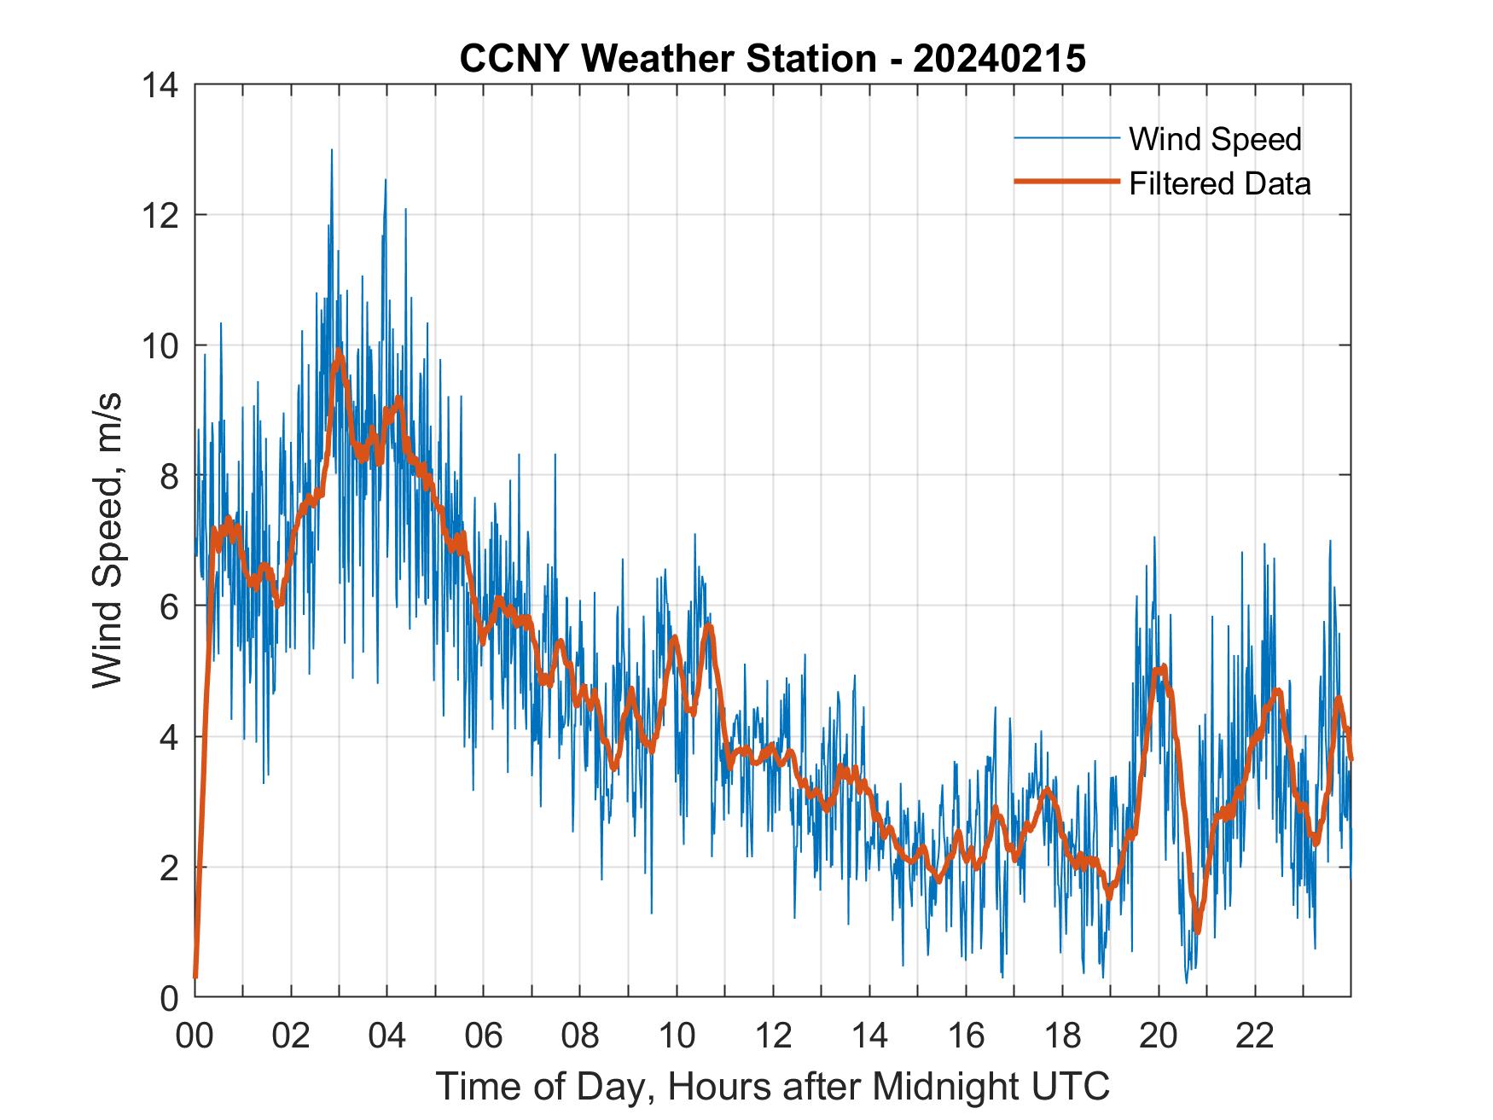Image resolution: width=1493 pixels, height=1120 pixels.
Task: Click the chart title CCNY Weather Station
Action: tap(772, 59)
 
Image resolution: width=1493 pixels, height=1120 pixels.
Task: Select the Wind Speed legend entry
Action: tap(1215, 139)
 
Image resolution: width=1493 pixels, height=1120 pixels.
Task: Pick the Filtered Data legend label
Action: tap(1219, 183)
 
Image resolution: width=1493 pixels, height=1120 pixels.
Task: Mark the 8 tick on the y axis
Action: tap(169, 476)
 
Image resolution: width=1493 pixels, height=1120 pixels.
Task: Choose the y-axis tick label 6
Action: tap(169, 606)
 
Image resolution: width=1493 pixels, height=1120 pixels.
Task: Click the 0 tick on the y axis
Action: tap(169, 997)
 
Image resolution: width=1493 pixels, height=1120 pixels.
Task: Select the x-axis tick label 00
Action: tap(195, 1036)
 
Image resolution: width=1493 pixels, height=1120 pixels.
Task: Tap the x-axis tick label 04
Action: tap(387, 1036)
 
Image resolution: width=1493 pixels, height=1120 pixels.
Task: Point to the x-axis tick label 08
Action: tap(580, 1036)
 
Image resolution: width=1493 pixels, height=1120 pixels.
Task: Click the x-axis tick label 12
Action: tap(773, 1036)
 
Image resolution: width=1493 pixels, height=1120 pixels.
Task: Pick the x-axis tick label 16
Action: tap(966, 1036)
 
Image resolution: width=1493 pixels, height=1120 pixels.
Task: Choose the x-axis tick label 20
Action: tap(1159, 1036)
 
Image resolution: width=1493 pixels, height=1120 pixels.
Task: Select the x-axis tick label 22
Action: tap(1255, 1036)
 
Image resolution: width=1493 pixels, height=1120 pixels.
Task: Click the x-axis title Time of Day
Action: tap(772, 1086)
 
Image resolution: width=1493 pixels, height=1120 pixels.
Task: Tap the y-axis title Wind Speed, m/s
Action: tap(107, 540)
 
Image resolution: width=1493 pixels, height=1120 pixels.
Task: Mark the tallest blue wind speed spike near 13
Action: tap(332, 151)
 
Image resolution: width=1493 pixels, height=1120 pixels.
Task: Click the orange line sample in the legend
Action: tap(1066, 182)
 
